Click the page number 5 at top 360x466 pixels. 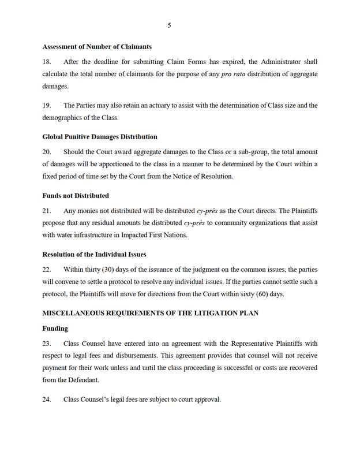click(x=169, y=25)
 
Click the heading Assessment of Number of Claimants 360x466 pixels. click(x=97, y=46)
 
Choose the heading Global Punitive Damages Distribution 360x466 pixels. click(x=100, y=137)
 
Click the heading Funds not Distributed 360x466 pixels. click(x=76, y=196)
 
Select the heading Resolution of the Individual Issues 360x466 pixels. click(x=94, y=254)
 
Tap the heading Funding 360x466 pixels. click(x=55, y=329)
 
